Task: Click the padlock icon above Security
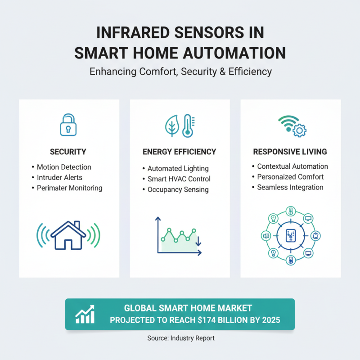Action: [x=69, y=125]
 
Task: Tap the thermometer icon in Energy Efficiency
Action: [x=186, y=126]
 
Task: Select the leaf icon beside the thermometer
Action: [x=172, y=126]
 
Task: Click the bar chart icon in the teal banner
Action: [x=85, y=314]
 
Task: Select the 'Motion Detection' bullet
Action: [x=64, y=167]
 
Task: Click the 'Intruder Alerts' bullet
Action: [x=59, y=177]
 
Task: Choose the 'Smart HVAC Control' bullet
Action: [x=179, y=179]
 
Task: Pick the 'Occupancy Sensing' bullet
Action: [x=178, y=189]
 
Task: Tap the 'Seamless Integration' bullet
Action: [x=290, y=187]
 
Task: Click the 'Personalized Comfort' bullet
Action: [x=290, y=177]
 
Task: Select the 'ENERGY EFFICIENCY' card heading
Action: [x=180, y=152]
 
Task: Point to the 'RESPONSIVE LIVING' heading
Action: [x=290, y=152]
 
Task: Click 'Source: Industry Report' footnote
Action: [x=180, y=337]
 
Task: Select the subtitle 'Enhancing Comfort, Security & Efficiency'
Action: [x=180, y=72]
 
